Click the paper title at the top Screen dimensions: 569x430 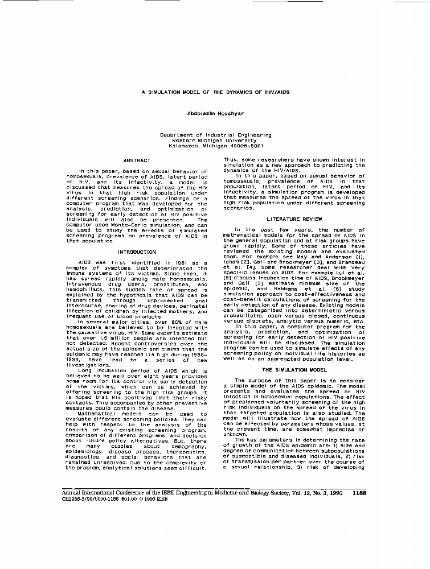tap(215, 92)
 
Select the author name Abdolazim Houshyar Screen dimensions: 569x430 tap(215, 113)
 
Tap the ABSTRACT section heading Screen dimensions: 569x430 tap(137, 160)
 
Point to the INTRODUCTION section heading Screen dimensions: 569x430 tap(137, 251)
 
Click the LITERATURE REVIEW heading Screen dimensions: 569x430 tap(294, 219)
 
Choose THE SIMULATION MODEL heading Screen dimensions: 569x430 tap(294, 370)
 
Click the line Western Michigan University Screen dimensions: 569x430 tap(215, 140)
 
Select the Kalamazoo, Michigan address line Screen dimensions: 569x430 tap(215, 146)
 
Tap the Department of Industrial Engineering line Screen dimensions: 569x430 tap(215, 135)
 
